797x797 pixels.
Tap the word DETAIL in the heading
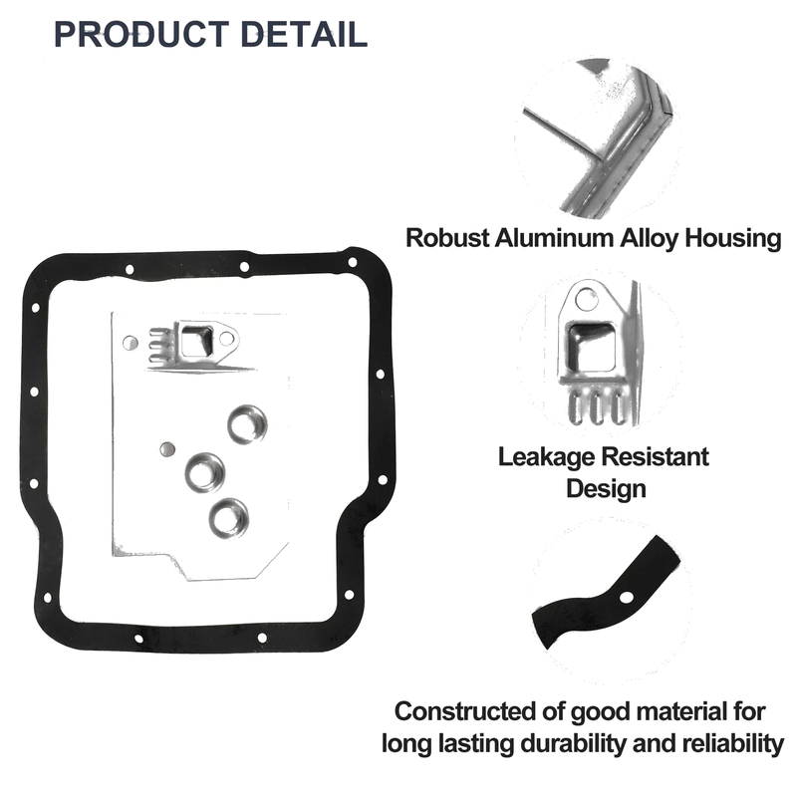tap(304, 35)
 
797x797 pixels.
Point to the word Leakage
tap(546, 457)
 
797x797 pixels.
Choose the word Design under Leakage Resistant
tap(606, 489)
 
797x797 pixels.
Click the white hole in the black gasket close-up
tap(627, 597)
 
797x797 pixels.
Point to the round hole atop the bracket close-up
tap(586, 298)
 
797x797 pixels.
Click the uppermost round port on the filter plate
tap(247, 424)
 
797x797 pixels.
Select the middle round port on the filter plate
tap(205, 472)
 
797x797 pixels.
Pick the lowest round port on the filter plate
tap(229, 518)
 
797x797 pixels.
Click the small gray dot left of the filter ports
tap(167, 449)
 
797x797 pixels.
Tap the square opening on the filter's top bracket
tap(196, 341)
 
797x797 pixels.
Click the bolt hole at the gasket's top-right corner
tap(352, 262)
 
